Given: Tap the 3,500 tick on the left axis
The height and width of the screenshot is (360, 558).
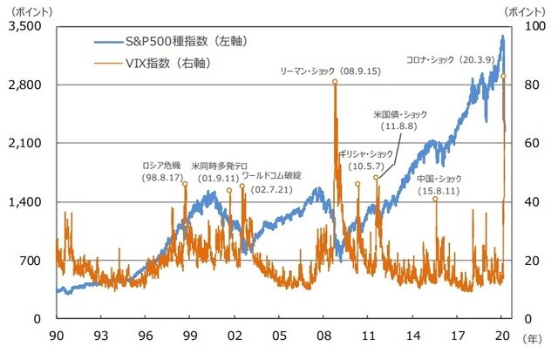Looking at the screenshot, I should click(x=26, y=26).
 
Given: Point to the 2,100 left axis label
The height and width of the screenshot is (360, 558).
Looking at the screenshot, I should click(x=26, y=143).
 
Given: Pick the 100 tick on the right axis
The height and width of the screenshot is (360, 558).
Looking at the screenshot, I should click(x=522, y=26).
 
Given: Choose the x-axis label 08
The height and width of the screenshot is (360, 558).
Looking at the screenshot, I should click(x=323, y=336).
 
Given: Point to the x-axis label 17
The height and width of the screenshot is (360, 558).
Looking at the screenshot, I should click(x=458, y=336).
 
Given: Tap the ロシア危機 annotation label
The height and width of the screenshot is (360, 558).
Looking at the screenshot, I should click(x=161, y=166).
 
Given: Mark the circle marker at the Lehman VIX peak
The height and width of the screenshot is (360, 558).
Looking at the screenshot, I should click(x=335, y=82).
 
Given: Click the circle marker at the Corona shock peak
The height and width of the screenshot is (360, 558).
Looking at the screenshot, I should click(x=503, y=77).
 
